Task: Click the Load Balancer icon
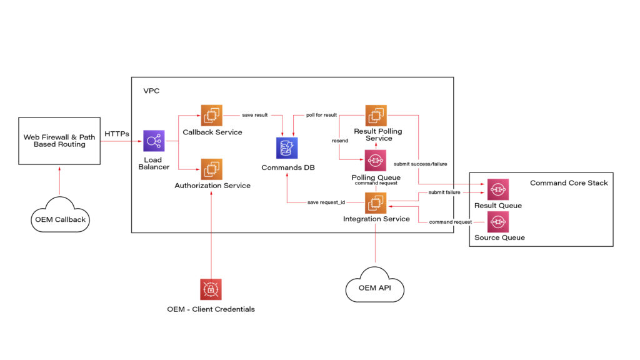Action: (154, 141)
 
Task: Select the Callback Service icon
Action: (211, 115)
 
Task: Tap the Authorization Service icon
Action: (211, 169)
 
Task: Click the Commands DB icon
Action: (287, 149)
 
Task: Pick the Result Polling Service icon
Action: (376, 115)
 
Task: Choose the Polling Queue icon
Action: (376, 161)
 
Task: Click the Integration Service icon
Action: (376, 202)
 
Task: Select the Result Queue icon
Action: (497, 189)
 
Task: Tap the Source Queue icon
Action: (497, 221)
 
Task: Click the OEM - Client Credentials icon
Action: (211, 289)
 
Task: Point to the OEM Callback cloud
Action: (59, 217)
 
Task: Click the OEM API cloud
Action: (375, 288)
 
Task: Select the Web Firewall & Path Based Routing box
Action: (59, 141)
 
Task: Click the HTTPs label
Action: (117, 134)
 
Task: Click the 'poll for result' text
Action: (321, 115)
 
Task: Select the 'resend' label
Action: (340, 141)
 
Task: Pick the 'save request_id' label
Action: (326, 202)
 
